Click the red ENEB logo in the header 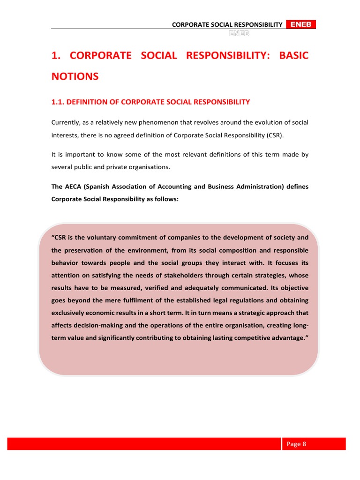(x=300, y=24)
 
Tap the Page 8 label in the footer (x=296, y=444)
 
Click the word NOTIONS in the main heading (x=75, y=76)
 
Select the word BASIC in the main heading (x=294, y=55)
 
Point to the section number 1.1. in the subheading (x=59, y=102)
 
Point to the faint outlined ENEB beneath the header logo (x=239, y=34)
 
